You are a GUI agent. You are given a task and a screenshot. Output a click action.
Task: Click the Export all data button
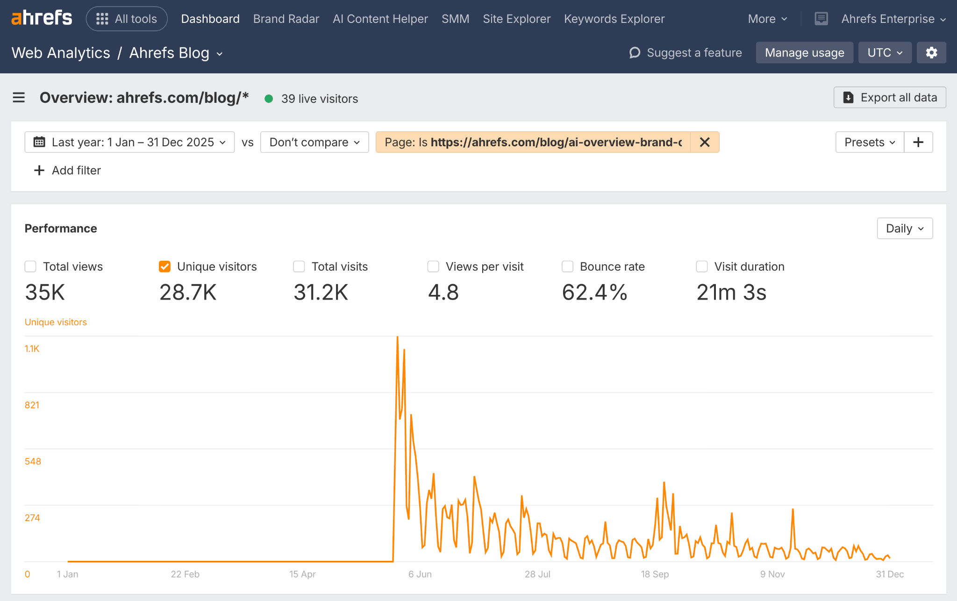[890, 97]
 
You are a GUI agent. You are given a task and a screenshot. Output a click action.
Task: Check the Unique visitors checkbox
[164, 266]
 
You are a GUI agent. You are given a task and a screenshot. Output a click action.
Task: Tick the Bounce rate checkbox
[567, 266]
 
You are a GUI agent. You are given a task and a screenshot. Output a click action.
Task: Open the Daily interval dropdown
[905, 229]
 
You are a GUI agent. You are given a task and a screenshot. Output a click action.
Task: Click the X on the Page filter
[705, 142]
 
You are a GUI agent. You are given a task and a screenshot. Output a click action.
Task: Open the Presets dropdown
[869, 142]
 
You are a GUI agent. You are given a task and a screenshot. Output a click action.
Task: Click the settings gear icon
[931, 53]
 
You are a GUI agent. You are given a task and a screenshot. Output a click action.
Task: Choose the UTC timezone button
[885, 53]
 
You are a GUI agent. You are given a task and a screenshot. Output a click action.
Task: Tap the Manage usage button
[804, 53]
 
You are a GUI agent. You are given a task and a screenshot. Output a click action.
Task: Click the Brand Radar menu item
[286, 19]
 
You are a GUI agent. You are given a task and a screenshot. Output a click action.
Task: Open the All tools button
[127, 19]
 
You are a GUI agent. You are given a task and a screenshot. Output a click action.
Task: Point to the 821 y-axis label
[32, 405]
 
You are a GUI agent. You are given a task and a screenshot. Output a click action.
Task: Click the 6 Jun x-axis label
[420, 574]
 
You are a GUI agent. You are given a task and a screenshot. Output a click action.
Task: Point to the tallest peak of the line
[397, 337]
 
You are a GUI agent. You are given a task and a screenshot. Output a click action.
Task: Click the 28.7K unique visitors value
[188, 293]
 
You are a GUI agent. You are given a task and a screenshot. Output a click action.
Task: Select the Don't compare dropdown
[314, 142]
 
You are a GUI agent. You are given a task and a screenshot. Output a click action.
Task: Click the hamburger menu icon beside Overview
[19, 97]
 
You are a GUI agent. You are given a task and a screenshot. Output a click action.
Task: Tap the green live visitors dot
[269, 99]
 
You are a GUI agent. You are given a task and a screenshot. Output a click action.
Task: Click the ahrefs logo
[42, 18]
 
